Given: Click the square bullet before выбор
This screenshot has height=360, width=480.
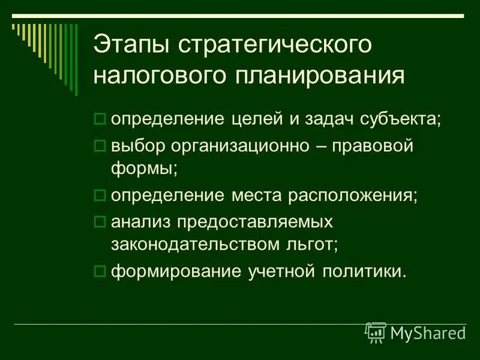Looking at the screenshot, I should click(100, 146).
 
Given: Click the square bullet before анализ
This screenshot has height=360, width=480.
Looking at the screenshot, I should click(100, 221).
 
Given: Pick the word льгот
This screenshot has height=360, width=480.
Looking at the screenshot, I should click(313, 244).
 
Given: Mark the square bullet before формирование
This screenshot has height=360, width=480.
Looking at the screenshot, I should click(100, 270).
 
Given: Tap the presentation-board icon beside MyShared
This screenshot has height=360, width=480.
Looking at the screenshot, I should click(376, 332).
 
